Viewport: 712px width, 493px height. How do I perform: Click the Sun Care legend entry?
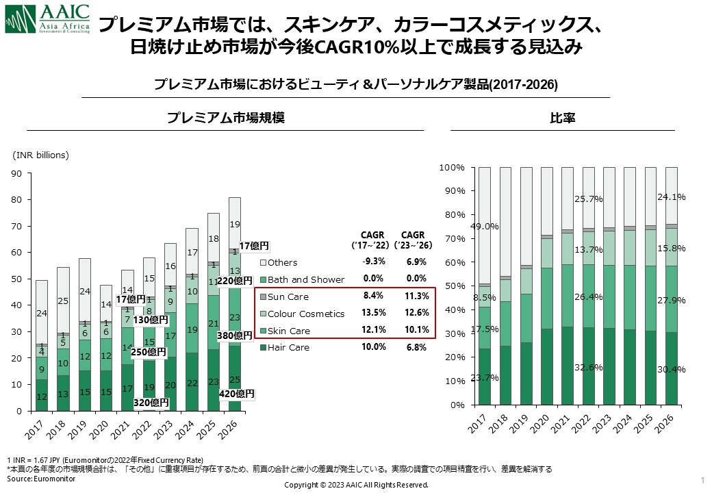[x=288, y=296]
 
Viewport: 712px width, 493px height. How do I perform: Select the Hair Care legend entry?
[x=288, y=347]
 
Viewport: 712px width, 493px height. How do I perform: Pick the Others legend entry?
[x=282, y=262]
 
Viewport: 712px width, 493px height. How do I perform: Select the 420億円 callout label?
[x=236, y=394]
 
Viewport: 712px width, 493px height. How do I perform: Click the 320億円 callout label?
[x=150, y=402]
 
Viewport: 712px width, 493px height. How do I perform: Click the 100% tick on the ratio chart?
[x=452, y=168]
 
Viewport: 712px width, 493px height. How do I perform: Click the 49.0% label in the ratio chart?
[x=485, y=227]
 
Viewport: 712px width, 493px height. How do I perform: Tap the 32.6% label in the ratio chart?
[x=589, y=367]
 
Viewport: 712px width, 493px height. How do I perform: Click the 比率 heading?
[x=562, y=118]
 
